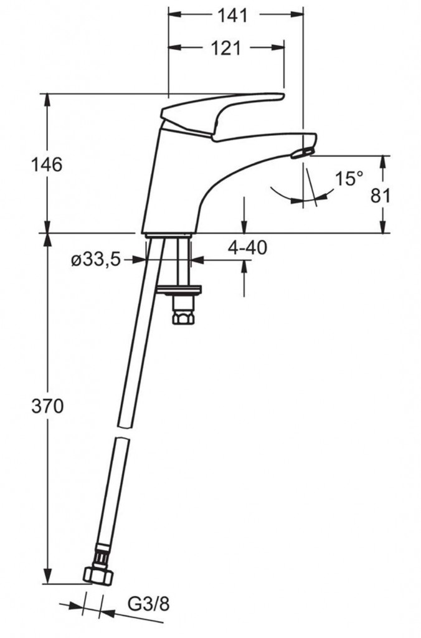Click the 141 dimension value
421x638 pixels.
(x=233, y=16)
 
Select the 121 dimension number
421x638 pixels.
(x=225, y=49)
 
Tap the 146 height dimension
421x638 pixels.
(x=47, y=164)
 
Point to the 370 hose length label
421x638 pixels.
(x=47, y=406)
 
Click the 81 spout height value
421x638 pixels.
(x=381, y=196)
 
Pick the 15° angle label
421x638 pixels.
(x=349, y=179)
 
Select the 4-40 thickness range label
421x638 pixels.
(x=247, y=247)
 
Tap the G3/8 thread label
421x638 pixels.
(x=148, y=604)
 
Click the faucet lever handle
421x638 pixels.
(x=222, y=115)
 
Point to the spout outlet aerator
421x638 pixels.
(x=302, y=153)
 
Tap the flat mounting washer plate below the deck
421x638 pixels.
(x=179, y=290)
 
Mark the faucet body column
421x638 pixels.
(x=171, y=183)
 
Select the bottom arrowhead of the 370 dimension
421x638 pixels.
(x=47, y=578)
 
